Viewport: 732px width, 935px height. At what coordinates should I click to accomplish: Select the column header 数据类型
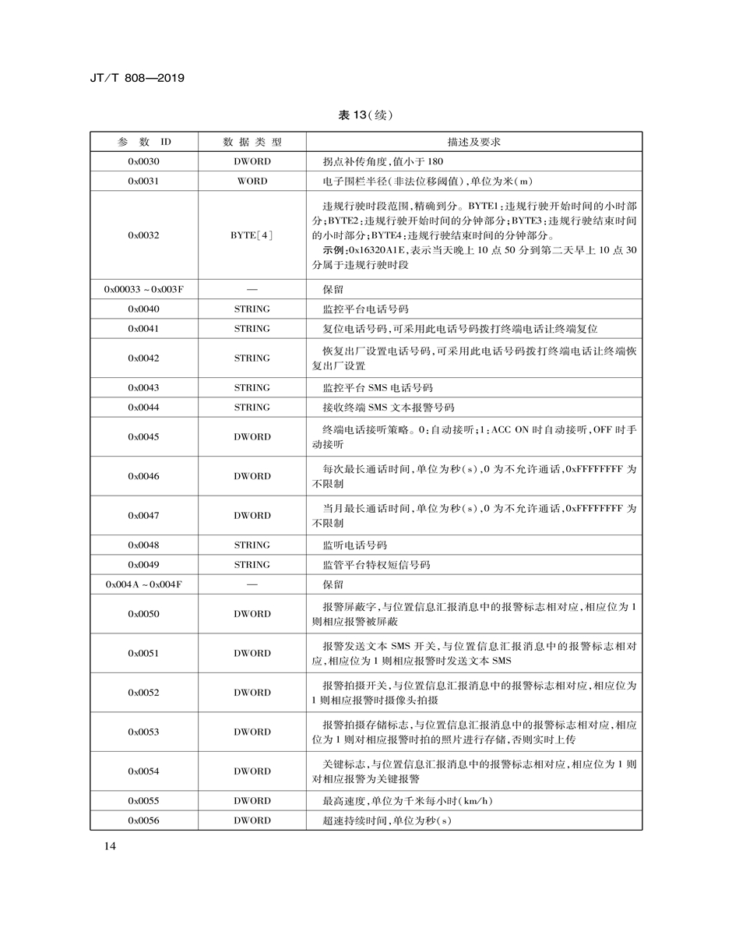click(252, 142)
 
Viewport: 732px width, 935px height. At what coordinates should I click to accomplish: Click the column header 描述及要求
click(473, 142)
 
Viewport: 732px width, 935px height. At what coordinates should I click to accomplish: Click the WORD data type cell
click(252, 181)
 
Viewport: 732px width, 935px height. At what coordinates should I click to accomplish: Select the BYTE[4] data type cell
click(252, 235)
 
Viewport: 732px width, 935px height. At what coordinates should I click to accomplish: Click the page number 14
click(110, 847)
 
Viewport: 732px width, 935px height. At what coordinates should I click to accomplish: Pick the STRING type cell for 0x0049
click(252, 564)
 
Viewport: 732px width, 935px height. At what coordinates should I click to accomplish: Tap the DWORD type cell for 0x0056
click(252, 820)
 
